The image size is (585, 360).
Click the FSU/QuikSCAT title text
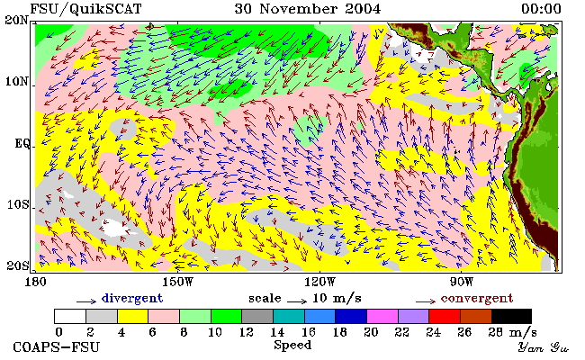85,9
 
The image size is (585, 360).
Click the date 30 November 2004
308,9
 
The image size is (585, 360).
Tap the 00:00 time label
541,9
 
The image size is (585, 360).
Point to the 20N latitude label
17,20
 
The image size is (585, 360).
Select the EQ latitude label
22,144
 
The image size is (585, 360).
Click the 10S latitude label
17,205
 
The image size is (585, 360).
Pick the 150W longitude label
178,282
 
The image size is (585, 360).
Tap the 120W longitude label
319,282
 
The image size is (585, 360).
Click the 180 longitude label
35,282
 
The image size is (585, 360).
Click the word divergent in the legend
132,299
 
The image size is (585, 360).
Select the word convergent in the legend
477,299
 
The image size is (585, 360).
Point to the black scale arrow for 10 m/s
297,301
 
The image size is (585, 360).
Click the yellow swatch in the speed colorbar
133,316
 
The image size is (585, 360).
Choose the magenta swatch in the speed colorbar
382,316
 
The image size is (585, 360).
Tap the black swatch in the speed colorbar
511,316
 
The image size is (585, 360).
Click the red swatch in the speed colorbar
445,316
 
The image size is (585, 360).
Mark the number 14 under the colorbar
277,332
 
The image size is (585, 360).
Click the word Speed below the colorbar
292,345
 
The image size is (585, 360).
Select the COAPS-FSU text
57,347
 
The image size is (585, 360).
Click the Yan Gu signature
543,347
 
